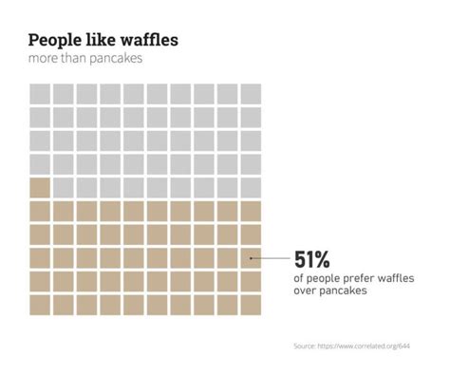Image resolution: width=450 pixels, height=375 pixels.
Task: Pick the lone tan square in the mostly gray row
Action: (x=40, y=187)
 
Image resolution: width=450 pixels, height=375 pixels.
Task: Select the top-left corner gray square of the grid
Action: (x=40, y=94)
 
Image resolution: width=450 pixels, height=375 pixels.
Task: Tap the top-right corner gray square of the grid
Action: (x=251, y=94)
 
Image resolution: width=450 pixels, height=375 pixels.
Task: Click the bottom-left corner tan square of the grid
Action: (x=40, y=304)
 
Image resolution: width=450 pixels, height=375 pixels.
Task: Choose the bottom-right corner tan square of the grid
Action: (x=251, y=304)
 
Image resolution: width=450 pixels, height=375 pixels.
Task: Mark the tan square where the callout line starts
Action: (x=251, y=257)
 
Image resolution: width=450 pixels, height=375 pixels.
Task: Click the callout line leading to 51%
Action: (x=271, y=257)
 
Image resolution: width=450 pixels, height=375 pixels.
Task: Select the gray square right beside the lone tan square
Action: (x=64, y=187)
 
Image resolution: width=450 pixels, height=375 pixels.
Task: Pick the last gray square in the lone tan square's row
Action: (x=251, y=187)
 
